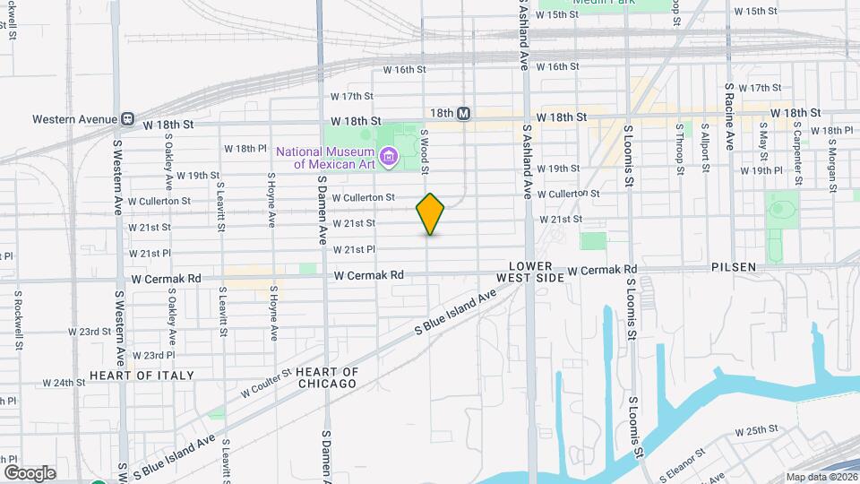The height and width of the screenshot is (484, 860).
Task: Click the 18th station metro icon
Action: point(463,114)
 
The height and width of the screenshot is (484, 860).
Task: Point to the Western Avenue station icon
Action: point(128,118)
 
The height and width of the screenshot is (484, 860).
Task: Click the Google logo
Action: point(30,472)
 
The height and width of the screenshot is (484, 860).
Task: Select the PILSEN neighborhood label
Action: point(735,267)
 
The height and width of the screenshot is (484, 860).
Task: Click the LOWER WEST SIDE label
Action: point(537,272)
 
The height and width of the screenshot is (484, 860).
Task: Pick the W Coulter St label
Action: point(266,382)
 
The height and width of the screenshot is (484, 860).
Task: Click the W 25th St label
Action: point(756,431)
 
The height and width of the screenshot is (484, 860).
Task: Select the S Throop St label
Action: point(681,149)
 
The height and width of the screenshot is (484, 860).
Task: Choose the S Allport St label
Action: point(706,147)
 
